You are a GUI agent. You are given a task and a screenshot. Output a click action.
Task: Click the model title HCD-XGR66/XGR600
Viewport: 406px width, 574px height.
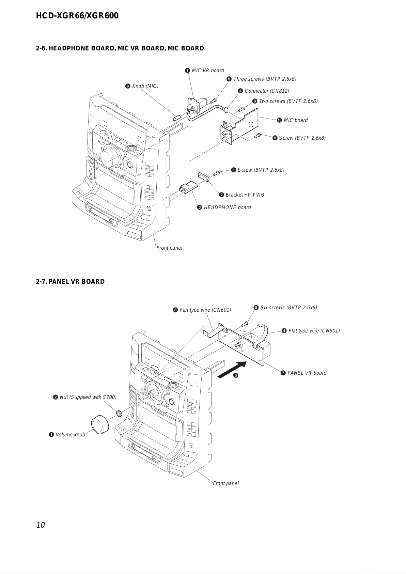pos(77,16)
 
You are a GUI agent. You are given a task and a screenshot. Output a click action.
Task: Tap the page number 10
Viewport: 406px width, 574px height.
pos(41,525)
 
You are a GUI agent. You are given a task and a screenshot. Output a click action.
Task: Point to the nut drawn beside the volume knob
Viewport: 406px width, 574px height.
pos(119,413)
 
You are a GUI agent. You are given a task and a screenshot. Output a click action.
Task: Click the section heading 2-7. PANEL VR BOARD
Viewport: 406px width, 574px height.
pos(71,282)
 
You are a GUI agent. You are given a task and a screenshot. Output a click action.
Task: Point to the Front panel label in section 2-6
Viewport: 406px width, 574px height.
pos(169,248)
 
